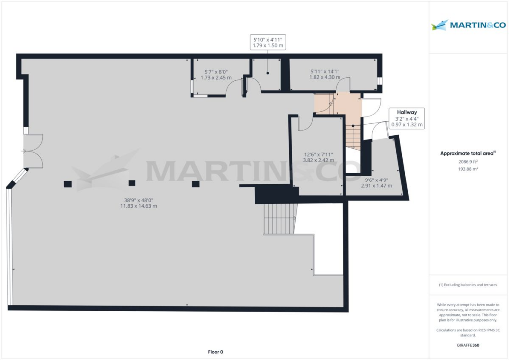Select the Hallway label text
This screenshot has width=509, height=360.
pos(407,112)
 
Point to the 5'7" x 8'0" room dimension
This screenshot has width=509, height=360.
pos(216,74)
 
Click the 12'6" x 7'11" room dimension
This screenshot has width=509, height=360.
pos(319,157)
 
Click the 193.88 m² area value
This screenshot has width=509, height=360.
pos(467,169)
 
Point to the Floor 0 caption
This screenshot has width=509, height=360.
pos(215,351)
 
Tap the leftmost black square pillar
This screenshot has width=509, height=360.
pos(68,184)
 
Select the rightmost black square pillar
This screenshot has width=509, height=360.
pos(196,184)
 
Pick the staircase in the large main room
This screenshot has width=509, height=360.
pos(280,219)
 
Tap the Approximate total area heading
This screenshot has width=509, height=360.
pos(467,154)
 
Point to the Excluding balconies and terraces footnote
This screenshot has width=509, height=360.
pos(467,285)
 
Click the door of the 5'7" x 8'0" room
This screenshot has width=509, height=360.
pos(234,88)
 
